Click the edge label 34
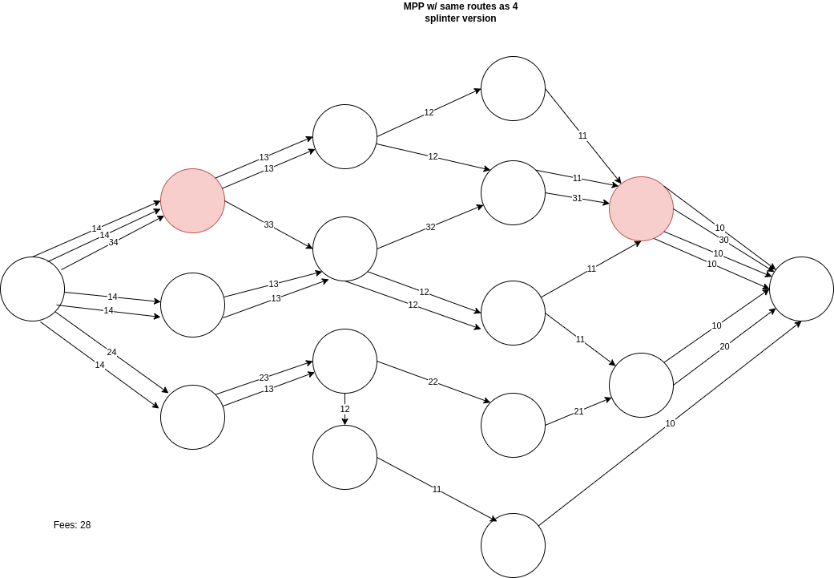point(113,242)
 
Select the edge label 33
point(269,225)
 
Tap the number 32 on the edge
point(430,228)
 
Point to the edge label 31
point(577,199)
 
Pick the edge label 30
point(723,240)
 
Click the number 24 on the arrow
point(111,351)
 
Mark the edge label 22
point(433,382)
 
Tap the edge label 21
point(578,411)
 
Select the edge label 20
point(724,346)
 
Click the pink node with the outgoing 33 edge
point(192,200)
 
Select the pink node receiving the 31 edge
point(641,208)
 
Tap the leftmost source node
point(32,289)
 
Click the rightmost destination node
point(801,289)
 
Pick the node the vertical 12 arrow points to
point(344,457)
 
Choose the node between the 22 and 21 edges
point(513,425)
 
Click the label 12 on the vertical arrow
point(344,409)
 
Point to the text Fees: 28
point(72,525)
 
